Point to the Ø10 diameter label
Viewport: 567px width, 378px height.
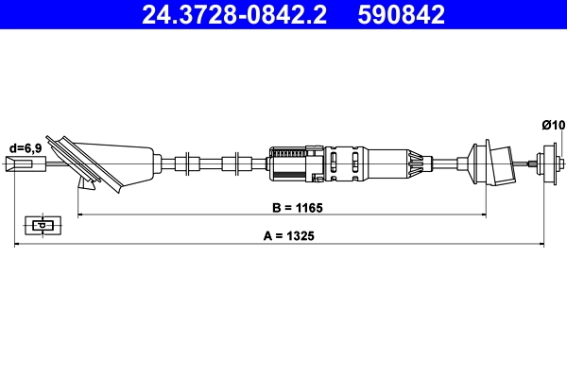[x=553, y=124]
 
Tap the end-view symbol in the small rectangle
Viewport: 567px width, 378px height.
[x=41, y=226]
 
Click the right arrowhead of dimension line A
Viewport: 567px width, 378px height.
[x=541, y=245]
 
